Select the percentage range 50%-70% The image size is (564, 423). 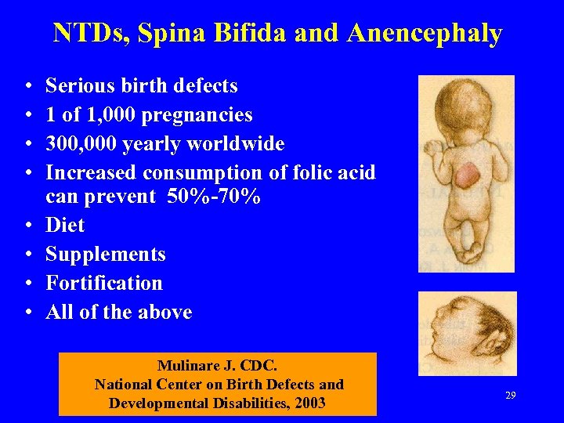(x=214, y=197)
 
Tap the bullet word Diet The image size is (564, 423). (x=65, y=226)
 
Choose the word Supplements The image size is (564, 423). (x=106, y=255)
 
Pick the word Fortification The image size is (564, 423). (x=104, y=283)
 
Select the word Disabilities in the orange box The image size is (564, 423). (x=244, y=403)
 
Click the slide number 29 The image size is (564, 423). (x=510, y=396)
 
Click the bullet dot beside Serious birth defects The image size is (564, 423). (x=27, y=86)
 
